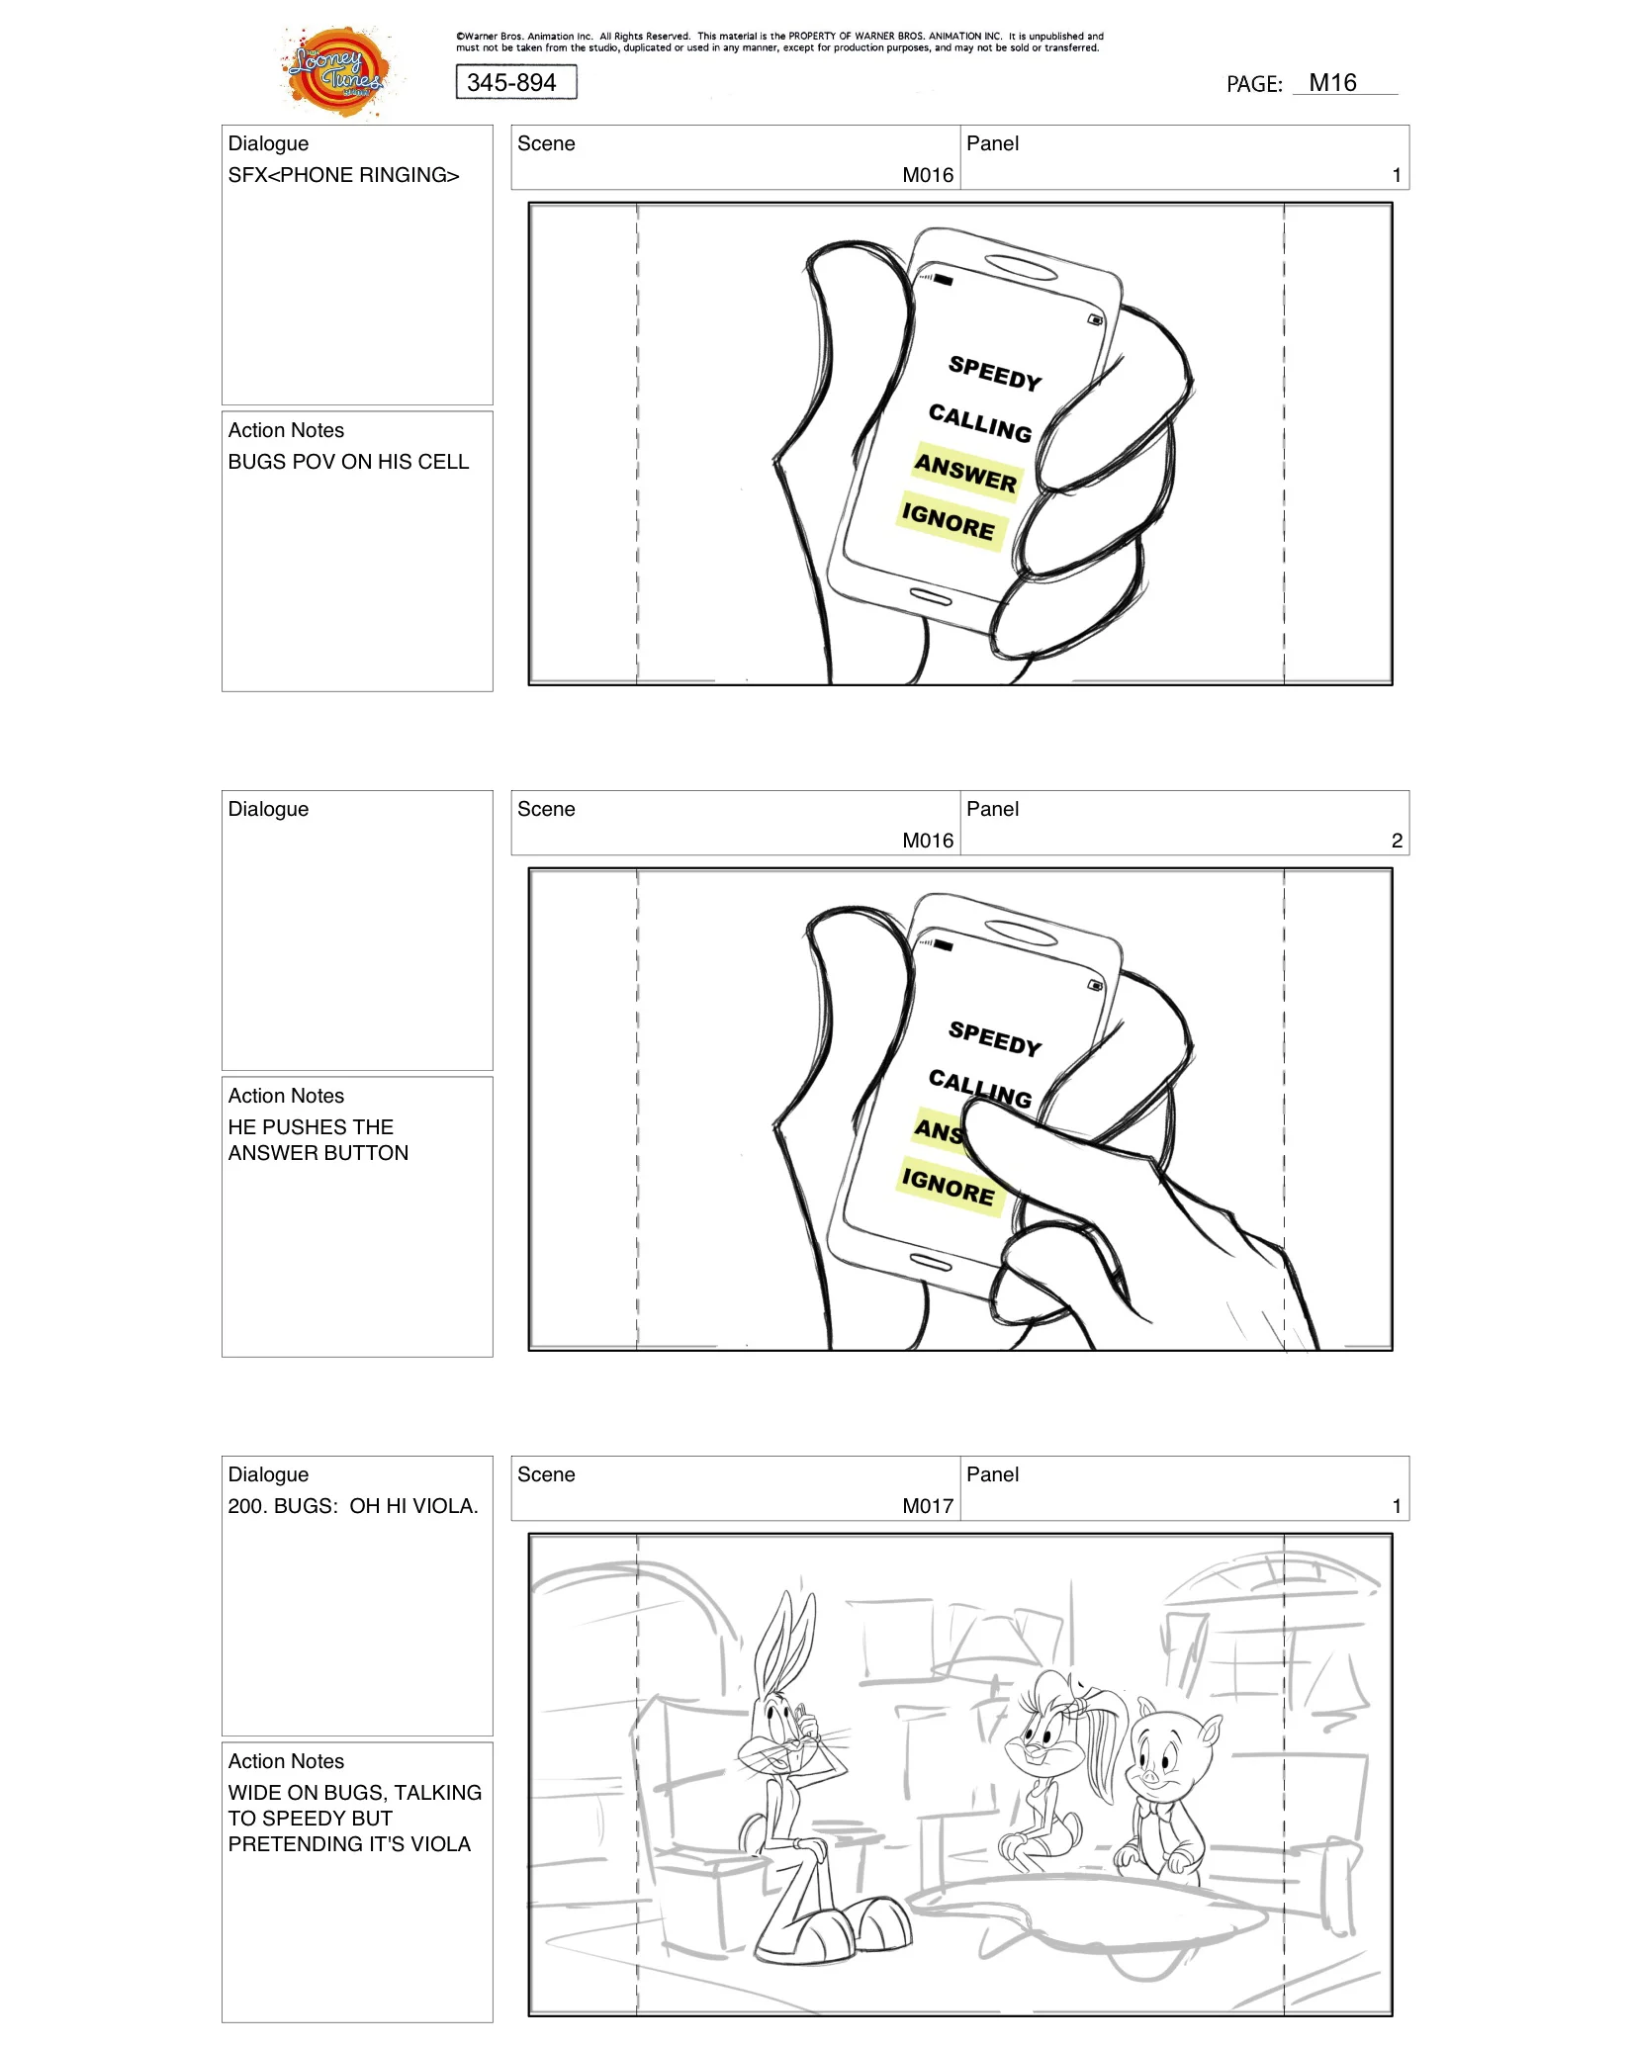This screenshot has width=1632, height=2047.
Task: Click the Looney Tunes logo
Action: pos(336,72)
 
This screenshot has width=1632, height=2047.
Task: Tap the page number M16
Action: pos(1332,83)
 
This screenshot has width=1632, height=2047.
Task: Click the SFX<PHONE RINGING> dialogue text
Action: pos(343,175)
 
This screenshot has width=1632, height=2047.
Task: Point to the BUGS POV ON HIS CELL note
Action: pos(348,462)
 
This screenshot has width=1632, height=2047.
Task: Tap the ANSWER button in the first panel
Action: pos(965,473)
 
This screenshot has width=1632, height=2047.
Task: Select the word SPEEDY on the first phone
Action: pos(995,373)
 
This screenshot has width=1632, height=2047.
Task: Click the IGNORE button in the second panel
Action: pos(949,1186)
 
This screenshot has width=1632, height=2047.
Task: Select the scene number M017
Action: pos(928,1506)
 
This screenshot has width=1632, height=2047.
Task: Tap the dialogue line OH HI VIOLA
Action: pos(353,1506)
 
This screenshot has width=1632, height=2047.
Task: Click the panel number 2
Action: pos(1397,841)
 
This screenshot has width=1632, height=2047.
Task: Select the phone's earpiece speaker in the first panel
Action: pos(1022,268)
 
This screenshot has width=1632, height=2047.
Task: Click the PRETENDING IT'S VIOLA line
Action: pos(349,1844)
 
